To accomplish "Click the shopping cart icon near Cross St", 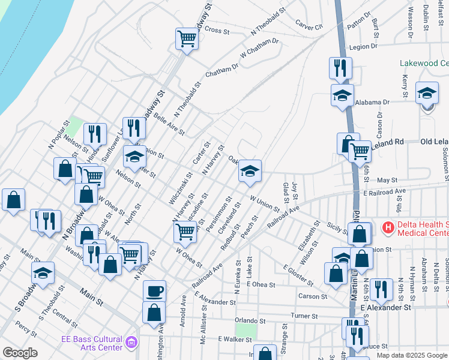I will click(187, 39).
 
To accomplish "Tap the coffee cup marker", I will click(155, 292).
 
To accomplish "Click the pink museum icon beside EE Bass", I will click(131, 343).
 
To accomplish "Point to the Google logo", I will click(20, 353).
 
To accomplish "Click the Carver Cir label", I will click(309, 25).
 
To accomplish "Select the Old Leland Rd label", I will click(434, 142).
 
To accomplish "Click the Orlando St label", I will click(250, 321).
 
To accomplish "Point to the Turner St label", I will click(304, 316).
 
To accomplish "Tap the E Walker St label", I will click(234, 339).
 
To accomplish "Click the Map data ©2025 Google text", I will click(412, 355).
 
